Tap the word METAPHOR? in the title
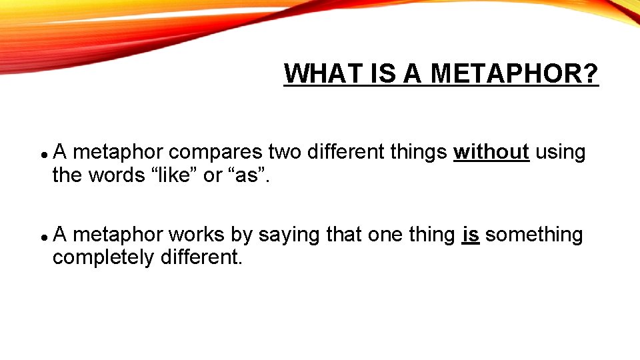click(515, 73)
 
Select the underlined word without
click(491, 153)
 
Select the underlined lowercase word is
click(471, 235)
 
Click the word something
click(534, 235)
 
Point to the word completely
click(103, 257)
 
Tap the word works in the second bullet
click(197, 235)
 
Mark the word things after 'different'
click(419, 153)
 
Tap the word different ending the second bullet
click(201, 257)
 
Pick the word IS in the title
click(387, 73)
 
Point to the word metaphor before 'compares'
click(117, 153)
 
